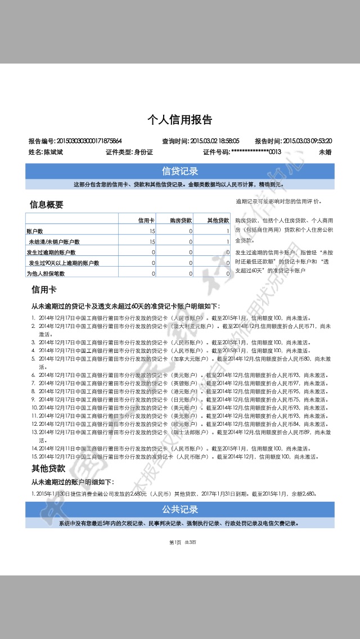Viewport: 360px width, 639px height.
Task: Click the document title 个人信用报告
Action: (x=180, y=120)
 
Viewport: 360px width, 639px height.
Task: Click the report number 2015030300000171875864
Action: (x=90, y=141)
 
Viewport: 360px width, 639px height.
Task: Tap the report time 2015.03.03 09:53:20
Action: (x=307, y=141)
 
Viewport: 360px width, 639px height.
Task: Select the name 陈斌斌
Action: (x=53, y=152)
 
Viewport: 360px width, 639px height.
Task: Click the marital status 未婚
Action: (x=325, y=152)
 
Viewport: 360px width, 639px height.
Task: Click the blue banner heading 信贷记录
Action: (x=180, y=171)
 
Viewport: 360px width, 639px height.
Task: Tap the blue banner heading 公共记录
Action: (x=180, y=510)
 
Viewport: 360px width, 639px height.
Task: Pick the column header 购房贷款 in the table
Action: (x=181, y=220)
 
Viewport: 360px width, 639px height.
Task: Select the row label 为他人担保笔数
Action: (x=46, y=273)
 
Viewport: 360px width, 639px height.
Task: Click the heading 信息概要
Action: (x=46, y=205)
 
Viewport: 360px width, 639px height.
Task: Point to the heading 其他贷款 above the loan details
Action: (x=48, y=468)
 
